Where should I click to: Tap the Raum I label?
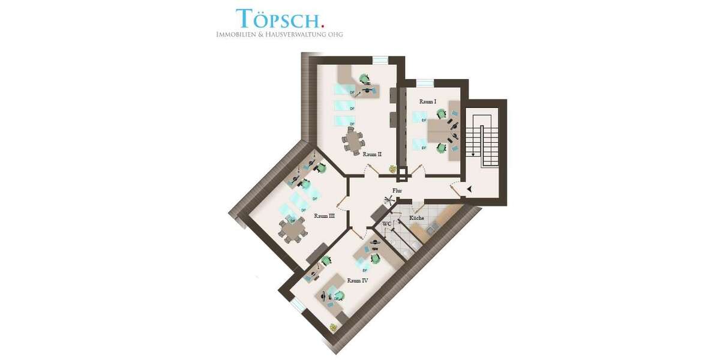[428, 102]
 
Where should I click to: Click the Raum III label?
[324, 216]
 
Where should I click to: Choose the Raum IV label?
[358, 280]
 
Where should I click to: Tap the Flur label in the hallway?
[397, 191]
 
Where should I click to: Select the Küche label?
[416, 218]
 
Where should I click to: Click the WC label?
[387, 223]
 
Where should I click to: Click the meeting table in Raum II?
[353, 141]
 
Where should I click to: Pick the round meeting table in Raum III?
[292, 230]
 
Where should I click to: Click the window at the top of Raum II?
[380, 59]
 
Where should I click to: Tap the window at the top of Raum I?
[425, 82]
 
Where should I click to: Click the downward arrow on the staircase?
[473, 153]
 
